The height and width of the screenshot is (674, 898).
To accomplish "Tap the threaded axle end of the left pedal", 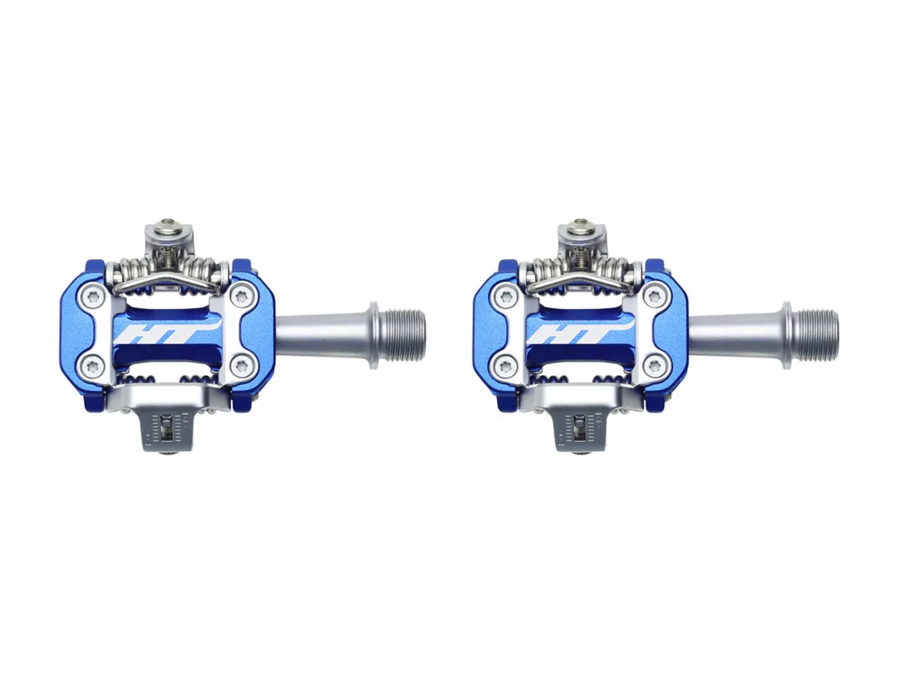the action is tap(403, 336).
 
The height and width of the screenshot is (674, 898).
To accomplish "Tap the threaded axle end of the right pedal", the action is tap(816, 336).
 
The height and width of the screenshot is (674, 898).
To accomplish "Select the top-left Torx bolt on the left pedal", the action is tap(94, 297).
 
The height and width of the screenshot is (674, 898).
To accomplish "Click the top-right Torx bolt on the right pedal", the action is tap(655, 297).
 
